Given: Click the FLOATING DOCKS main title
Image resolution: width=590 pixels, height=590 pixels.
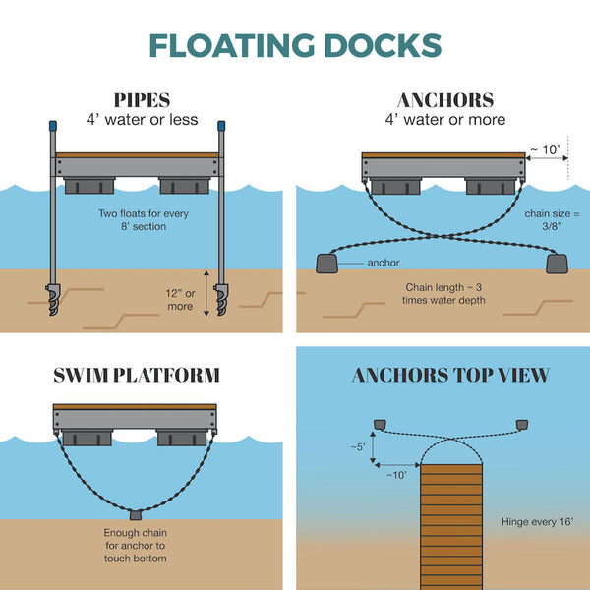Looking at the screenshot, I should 295,45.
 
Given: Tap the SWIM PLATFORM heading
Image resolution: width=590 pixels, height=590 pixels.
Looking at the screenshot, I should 136,375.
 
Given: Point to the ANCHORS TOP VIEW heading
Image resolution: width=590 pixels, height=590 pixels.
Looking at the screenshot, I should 450,375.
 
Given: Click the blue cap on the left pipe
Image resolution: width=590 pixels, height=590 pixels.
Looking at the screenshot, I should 51,128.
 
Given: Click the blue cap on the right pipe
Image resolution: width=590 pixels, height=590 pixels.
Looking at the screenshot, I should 222,128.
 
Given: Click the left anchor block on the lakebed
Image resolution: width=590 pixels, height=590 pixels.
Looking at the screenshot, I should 326,263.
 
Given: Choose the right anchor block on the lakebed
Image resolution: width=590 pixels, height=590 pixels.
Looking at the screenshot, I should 557,263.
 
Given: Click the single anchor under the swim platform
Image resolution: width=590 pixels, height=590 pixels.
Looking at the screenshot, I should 137,515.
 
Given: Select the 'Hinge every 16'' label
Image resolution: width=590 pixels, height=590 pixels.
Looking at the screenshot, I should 537,522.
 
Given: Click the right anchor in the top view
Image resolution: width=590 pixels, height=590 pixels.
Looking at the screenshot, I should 522,424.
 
